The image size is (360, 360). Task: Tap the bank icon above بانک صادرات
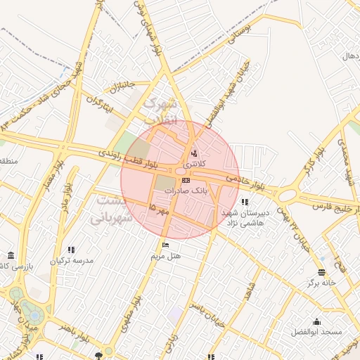(186, 181)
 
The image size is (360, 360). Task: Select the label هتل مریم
(166, 256)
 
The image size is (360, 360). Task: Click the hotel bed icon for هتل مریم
(165, 245)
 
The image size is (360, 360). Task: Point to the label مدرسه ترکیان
(71, 260)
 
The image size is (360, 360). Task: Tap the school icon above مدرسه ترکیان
(71, 250)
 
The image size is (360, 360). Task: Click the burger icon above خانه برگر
(322, 272)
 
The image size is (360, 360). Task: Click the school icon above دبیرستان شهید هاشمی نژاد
(244, 202)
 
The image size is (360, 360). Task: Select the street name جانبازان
(121, 86)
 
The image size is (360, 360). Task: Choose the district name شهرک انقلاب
(161, 111)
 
